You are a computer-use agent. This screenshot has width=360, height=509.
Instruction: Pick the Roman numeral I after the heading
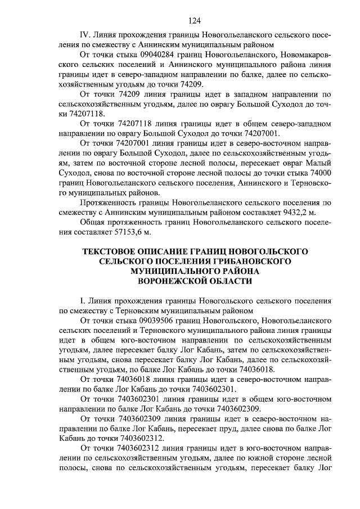(x=83, y=300)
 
